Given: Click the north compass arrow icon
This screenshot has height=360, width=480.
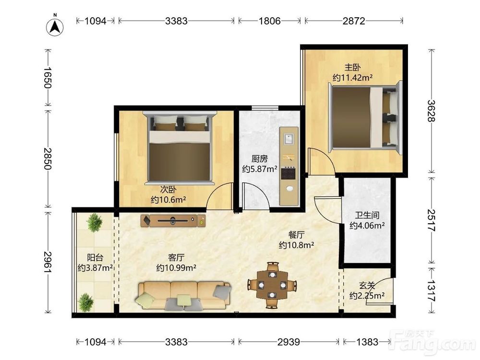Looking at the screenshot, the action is [55, 27].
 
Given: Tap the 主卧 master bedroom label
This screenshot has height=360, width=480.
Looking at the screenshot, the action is [353, 67].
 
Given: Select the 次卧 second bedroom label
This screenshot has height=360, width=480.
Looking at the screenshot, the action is [168, 190].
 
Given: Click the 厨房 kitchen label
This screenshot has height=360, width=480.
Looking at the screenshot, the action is [260, 158].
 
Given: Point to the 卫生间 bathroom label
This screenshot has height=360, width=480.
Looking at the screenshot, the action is [367, 215].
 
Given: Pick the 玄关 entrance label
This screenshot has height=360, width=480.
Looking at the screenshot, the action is [367, 286].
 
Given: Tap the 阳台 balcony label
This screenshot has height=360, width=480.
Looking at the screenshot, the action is [95, 257].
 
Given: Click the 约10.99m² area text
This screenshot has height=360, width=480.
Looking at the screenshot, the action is [176, 268].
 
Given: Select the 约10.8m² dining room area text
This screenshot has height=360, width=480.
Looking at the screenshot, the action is [297, 245].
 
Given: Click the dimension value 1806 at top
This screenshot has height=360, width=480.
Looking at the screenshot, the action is [270, 21].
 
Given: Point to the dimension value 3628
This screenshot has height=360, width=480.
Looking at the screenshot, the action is [432, 111].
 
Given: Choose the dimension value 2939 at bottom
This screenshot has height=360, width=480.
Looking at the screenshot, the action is [288, 342].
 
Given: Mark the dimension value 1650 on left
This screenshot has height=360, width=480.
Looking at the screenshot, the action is [48, 78].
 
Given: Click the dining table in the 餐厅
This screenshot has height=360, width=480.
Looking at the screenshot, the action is [272, 285].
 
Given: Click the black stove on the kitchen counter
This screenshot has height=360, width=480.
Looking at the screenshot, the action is [288, 173].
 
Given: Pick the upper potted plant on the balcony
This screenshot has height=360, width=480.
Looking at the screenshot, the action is [94, 223].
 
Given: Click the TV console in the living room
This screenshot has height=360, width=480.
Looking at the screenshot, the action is [173, 221].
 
